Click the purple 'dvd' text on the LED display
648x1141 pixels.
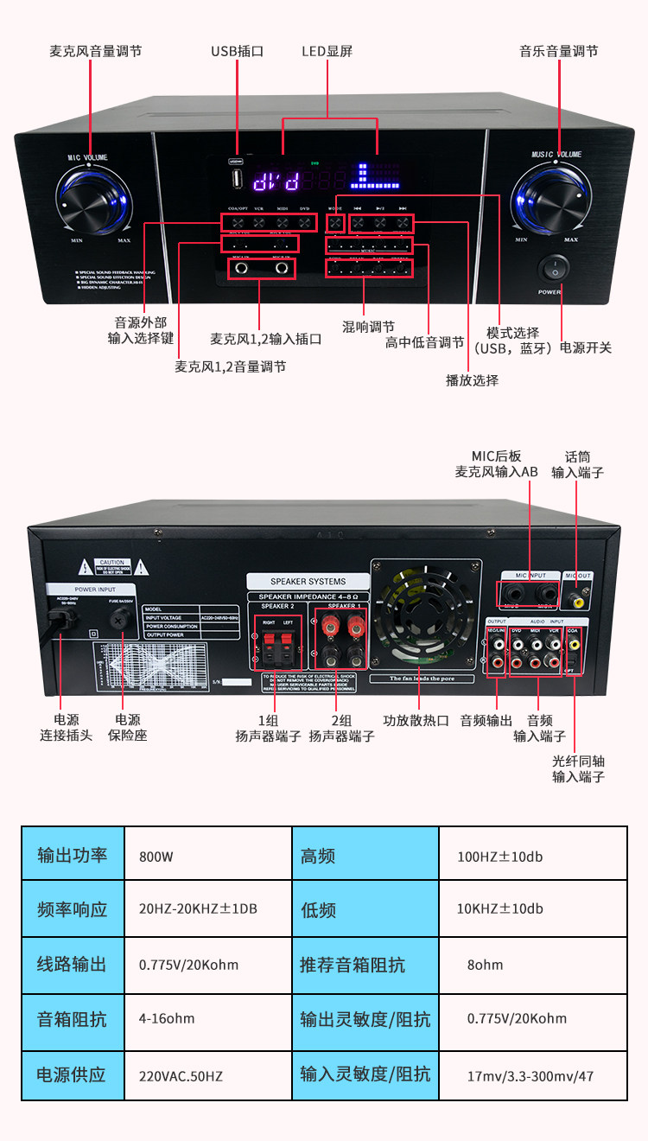(x=276, y=181)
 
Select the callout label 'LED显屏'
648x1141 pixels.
(x=327, y=51)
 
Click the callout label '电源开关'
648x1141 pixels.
(x=586, y=347)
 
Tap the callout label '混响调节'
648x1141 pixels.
(x=368, y=327)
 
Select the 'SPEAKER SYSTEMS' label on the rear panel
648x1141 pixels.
(x=308, y=582)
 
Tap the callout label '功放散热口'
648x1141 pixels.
(x=416, y=720)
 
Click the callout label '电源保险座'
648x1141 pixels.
(x=128, y=727)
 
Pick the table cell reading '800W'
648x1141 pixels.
(x=156, y=857)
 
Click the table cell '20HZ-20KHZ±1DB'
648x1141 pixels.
(x=198, y=909)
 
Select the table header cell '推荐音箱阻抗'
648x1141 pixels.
(x=352, y=965)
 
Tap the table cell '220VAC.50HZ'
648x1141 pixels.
(x=181, y=1076)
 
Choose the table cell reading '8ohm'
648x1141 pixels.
(x=485, y=965)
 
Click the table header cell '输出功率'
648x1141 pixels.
(x=73, y=856)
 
